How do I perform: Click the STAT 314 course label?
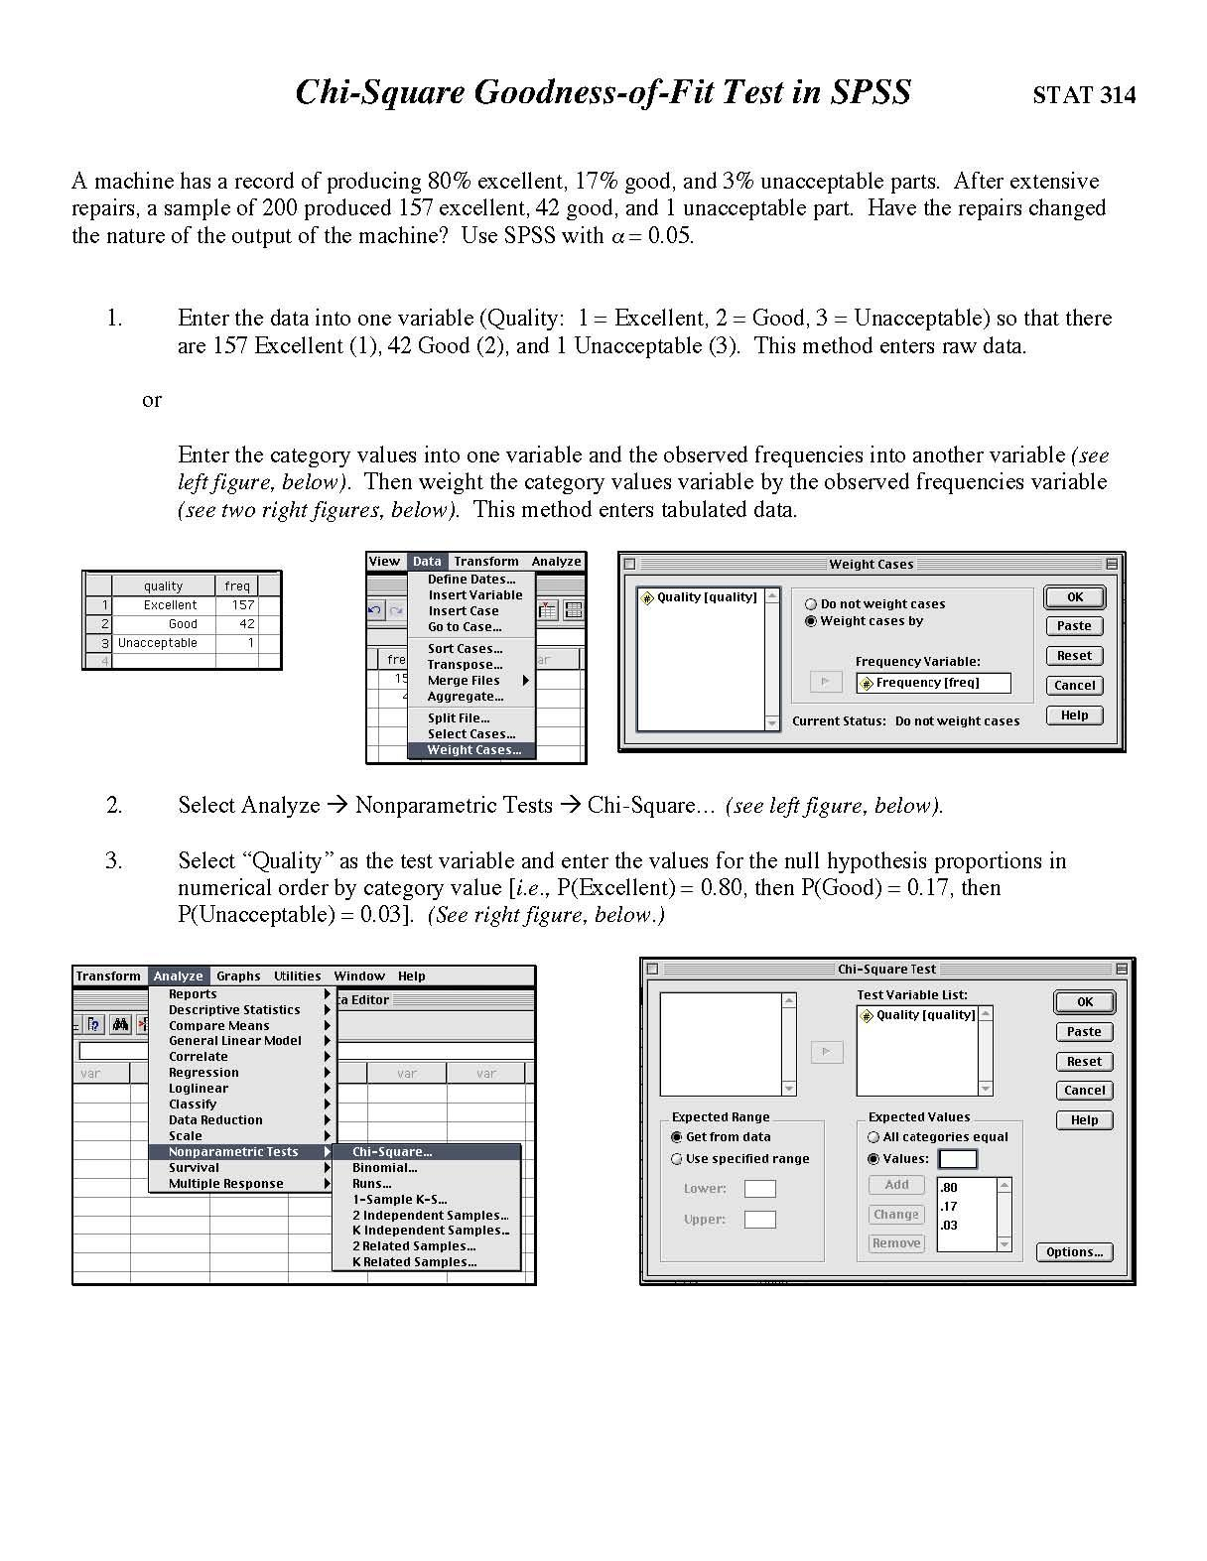1084,95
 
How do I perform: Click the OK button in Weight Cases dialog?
1074,597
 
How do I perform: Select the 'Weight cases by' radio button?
811,621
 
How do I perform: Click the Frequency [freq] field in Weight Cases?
932,683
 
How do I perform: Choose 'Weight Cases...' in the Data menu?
472,750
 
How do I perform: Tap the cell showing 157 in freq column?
242,604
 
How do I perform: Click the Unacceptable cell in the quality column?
159,643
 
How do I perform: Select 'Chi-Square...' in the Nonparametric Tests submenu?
393,1152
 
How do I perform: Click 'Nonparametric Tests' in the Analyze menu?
233,1152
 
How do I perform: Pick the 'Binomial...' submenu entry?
384,1168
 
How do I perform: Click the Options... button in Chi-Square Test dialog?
1074,1252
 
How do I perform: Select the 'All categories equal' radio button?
873,1137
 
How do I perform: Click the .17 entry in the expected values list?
949,1207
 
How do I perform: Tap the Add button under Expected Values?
896,1185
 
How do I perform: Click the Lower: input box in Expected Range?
759,1189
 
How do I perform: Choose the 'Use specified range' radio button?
677,1159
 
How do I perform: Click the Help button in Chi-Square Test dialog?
1084,1120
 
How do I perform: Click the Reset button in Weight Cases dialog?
1074,656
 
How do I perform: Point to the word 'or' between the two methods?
151,400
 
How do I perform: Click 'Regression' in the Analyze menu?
203,1073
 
